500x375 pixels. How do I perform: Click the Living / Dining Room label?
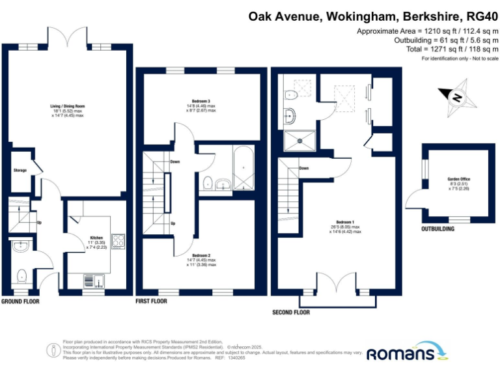pos(68,106)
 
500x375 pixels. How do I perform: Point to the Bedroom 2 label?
pos(201,255)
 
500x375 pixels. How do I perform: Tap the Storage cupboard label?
pos(20,171)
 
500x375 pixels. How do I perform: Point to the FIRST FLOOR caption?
pos(151,301)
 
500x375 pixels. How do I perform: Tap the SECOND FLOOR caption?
pos(290,312)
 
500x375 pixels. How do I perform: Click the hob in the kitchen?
pos(118,241)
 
